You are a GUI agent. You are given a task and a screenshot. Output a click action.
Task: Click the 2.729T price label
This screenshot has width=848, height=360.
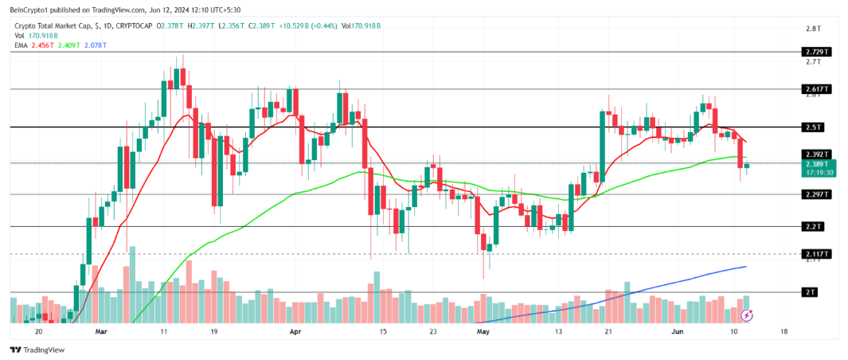[815, 52]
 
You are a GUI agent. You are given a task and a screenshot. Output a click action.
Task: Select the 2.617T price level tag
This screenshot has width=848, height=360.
[815, 89]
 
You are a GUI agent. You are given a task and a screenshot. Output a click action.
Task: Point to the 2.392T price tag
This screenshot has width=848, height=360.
[815, 154]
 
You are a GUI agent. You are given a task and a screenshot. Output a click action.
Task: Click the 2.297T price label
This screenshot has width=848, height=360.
[815, 194]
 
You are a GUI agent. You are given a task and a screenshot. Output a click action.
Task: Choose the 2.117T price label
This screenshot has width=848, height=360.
[815, 254]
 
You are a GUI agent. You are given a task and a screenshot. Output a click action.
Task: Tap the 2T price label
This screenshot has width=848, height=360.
[811, 292]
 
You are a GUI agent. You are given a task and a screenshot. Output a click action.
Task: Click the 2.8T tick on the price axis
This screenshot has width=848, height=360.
[813, 29]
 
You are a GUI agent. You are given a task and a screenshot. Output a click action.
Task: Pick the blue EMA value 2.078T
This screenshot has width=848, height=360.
[94, 45]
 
